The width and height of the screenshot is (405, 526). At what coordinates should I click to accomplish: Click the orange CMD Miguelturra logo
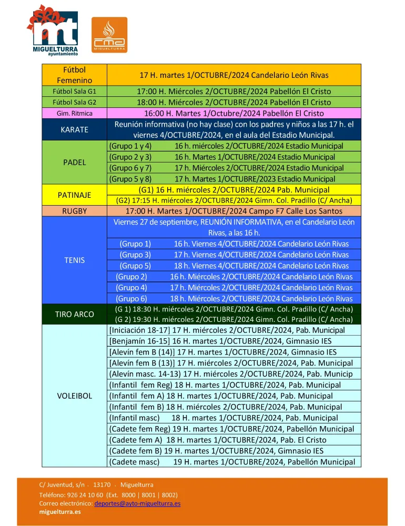pyautogui.click(x=109, y=35)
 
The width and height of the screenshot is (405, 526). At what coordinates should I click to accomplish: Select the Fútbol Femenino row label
pyautogui.click(x=74, y=75)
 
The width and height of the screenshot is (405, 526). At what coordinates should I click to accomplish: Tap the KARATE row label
pyautogui.click(x=74, y=129)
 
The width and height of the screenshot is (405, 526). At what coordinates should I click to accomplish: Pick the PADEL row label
pyautogui.click(x=74, y=163)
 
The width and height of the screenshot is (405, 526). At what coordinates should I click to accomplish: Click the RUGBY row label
pyautogui.click(x=74, y=211)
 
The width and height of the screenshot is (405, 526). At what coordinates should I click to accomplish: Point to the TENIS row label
pyautogui.click(x=74, y=260)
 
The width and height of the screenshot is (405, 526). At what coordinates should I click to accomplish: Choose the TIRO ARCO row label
pyautogui.click(x=74, y=314)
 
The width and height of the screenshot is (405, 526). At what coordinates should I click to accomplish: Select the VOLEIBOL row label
pyautogui.click(x=74, y=396)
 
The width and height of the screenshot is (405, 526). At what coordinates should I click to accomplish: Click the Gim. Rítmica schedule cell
pyautogui.click(x=234, y=113)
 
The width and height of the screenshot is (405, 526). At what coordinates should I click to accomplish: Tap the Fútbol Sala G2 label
pyautogui.click(x=74, y=102)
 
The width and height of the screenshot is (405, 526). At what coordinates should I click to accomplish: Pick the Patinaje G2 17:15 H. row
pyautogui.click(x=234, y=200)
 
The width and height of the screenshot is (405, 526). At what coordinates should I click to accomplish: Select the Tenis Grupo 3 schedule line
pyautogui.click(x=234, y=255)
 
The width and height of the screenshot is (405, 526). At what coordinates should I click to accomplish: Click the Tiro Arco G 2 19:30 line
pyautogui.click(x=234, y=319)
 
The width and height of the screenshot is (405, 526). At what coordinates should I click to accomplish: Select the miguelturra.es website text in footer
pyautogui.click(x=60, y=512)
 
